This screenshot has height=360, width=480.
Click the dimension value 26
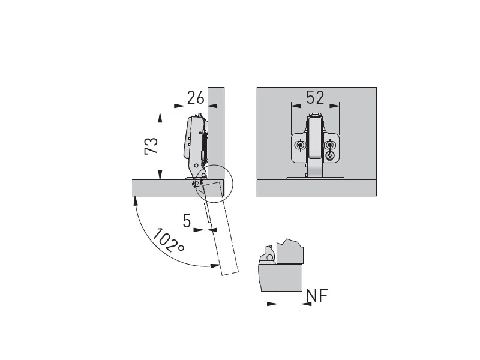[x=196, y=98]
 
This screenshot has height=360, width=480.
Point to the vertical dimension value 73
[x=151, y=146]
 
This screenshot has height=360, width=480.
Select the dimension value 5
[x=187, y=221]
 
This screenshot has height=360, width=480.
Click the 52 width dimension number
[x=316, y=98]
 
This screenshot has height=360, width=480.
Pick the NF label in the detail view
[x=317, y=295]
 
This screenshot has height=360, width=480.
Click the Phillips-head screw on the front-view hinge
[x=330, y=156]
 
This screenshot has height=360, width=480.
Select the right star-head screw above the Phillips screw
[x=330, y=145]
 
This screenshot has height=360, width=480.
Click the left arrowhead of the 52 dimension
[x=295, y=106]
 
